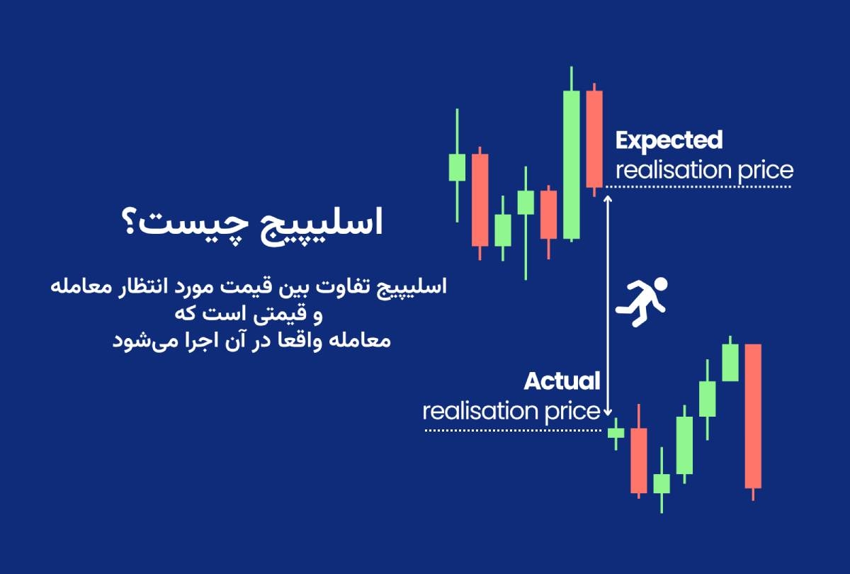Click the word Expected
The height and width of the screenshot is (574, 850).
(669, 140)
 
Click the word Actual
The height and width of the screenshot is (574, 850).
(562, 381)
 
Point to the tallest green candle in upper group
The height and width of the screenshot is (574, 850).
(572, 164)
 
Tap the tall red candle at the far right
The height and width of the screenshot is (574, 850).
(753, 416)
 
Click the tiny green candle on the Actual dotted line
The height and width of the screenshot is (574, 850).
(616, 432)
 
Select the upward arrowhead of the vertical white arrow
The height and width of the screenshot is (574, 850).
(607, 201)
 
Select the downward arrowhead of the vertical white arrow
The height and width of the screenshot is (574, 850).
(607, 412)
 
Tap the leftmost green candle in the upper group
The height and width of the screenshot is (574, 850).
(457, 167)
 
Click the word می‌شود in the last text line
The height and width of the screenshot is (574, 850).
(135, 339)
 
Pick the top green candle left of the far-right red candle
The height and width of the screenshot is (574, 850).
(730, 362)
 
